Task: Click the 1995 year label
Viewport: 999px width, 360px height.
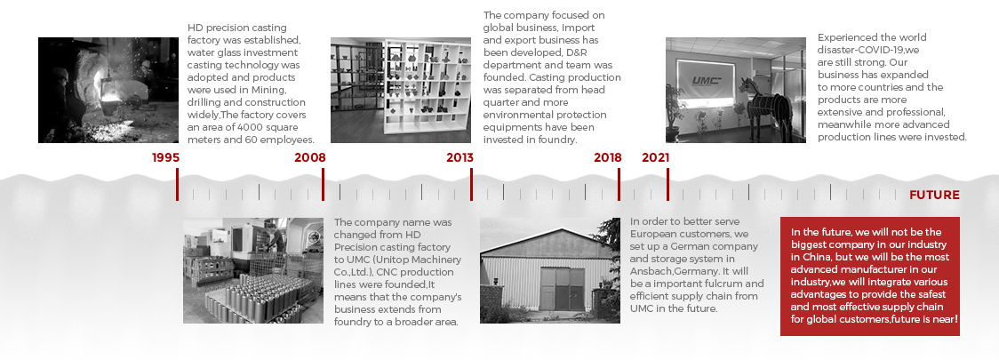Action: (165, 157)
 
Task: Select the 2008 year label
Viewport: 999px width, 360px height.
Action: (309, 157)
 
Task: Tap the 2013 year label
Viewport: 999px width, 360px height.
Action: (460, 157)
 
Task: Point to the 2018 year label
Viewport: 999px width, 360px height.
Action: (607, 157)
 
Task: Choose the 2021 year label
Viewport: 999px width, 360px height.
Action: (655, 157)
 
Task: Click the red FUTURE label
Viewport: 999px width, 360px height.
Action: (934, 195)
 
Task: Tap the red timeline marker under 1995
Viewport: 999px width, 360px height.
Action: (177, 184)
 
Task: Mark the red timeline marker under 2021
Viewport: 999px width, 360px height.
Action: (667, 184)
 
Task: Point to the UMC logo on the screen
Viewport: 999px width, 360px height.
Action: (707, 81)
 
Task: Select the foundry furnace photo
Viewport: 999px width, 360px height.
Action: (108, 90)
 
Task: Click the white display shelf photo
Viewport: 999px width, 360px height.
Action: (401, 90)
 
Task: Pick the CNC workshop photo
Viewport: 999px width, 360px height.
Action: (253, 270)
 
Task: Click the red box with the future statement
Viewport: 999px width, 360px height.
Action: (869, 276)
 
